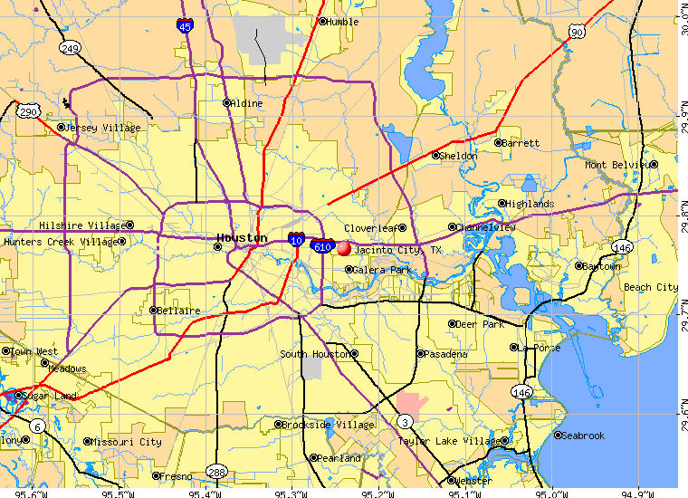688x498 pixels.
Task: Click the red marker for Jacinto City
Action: click(x=343, y=248)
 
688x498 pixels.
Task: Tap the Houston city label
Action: click(x=241, y=238)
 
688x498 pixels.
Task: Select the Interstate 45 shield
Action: click(x=185, y=27)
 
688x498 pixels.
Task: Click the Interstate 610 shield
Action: click(x=323, y=245)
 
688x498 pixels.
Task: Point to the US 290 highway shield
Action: click(x=26, y=111)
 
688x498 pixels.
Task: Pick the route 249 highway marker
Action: click(x=71, y=46)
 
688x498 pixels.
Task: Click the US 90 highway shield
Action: click(x=577, y=33)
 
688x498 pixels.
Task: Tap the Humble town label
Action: click(x=343, y=22)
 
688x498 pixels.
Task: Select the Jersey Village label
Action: click(x=102, y=129)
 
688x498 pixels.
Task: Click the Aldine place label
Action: click(x=247, y=103)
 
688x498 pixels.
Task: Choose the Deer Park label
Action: click(x=481, y=323)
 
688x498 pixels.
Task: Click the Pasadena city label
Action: click(x=445, y=353)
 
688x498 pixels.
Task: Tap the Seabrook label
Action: click(x=582, y=436)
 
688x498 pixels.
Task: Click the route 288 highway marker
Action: click(x=216, y=471)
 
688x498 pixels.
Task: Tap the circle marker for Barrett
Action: click(x=497, y=142)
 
